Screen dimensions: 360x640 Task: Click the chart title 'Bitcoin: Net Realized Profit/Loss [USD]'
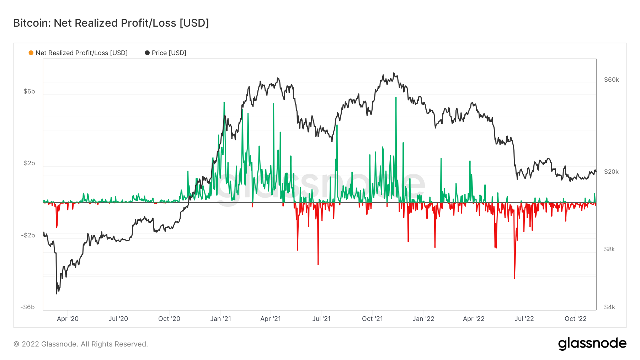111,23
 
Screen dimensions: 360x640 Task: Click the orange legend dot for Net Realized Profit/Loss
31,53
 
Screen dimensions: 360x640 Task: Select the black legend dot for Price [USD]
147,53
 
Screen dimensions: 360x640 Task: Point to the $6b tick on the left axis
29,91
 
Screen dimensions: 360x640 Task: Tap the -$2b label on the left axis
28,235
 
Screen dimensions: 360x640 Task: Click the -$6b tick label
27,307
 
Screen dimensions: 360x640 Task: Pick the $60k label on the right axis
611,80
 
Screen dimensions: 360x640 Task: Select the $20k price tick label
611,172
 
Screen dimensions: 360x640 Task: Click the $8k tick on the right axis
609,249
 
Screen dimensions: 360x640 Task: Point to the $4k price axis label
609,307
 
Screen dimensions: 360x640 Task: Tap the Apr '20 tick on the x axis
68,319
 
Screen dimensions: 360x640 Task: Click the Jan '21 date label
220,319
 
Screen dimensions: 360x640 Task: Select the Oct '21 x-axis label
372,319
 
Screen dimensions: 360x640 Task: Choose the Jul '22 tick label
524,319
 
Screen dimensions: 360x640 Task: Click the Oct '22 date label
575,319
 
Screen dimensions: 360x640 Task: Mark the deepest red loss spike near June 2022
514,277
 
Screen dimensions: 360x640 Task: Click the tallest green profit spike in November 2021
396,98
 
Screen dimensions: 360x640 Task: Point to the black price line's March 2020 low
57,293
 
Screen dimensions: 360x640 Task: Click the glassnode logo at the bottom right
592,344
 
